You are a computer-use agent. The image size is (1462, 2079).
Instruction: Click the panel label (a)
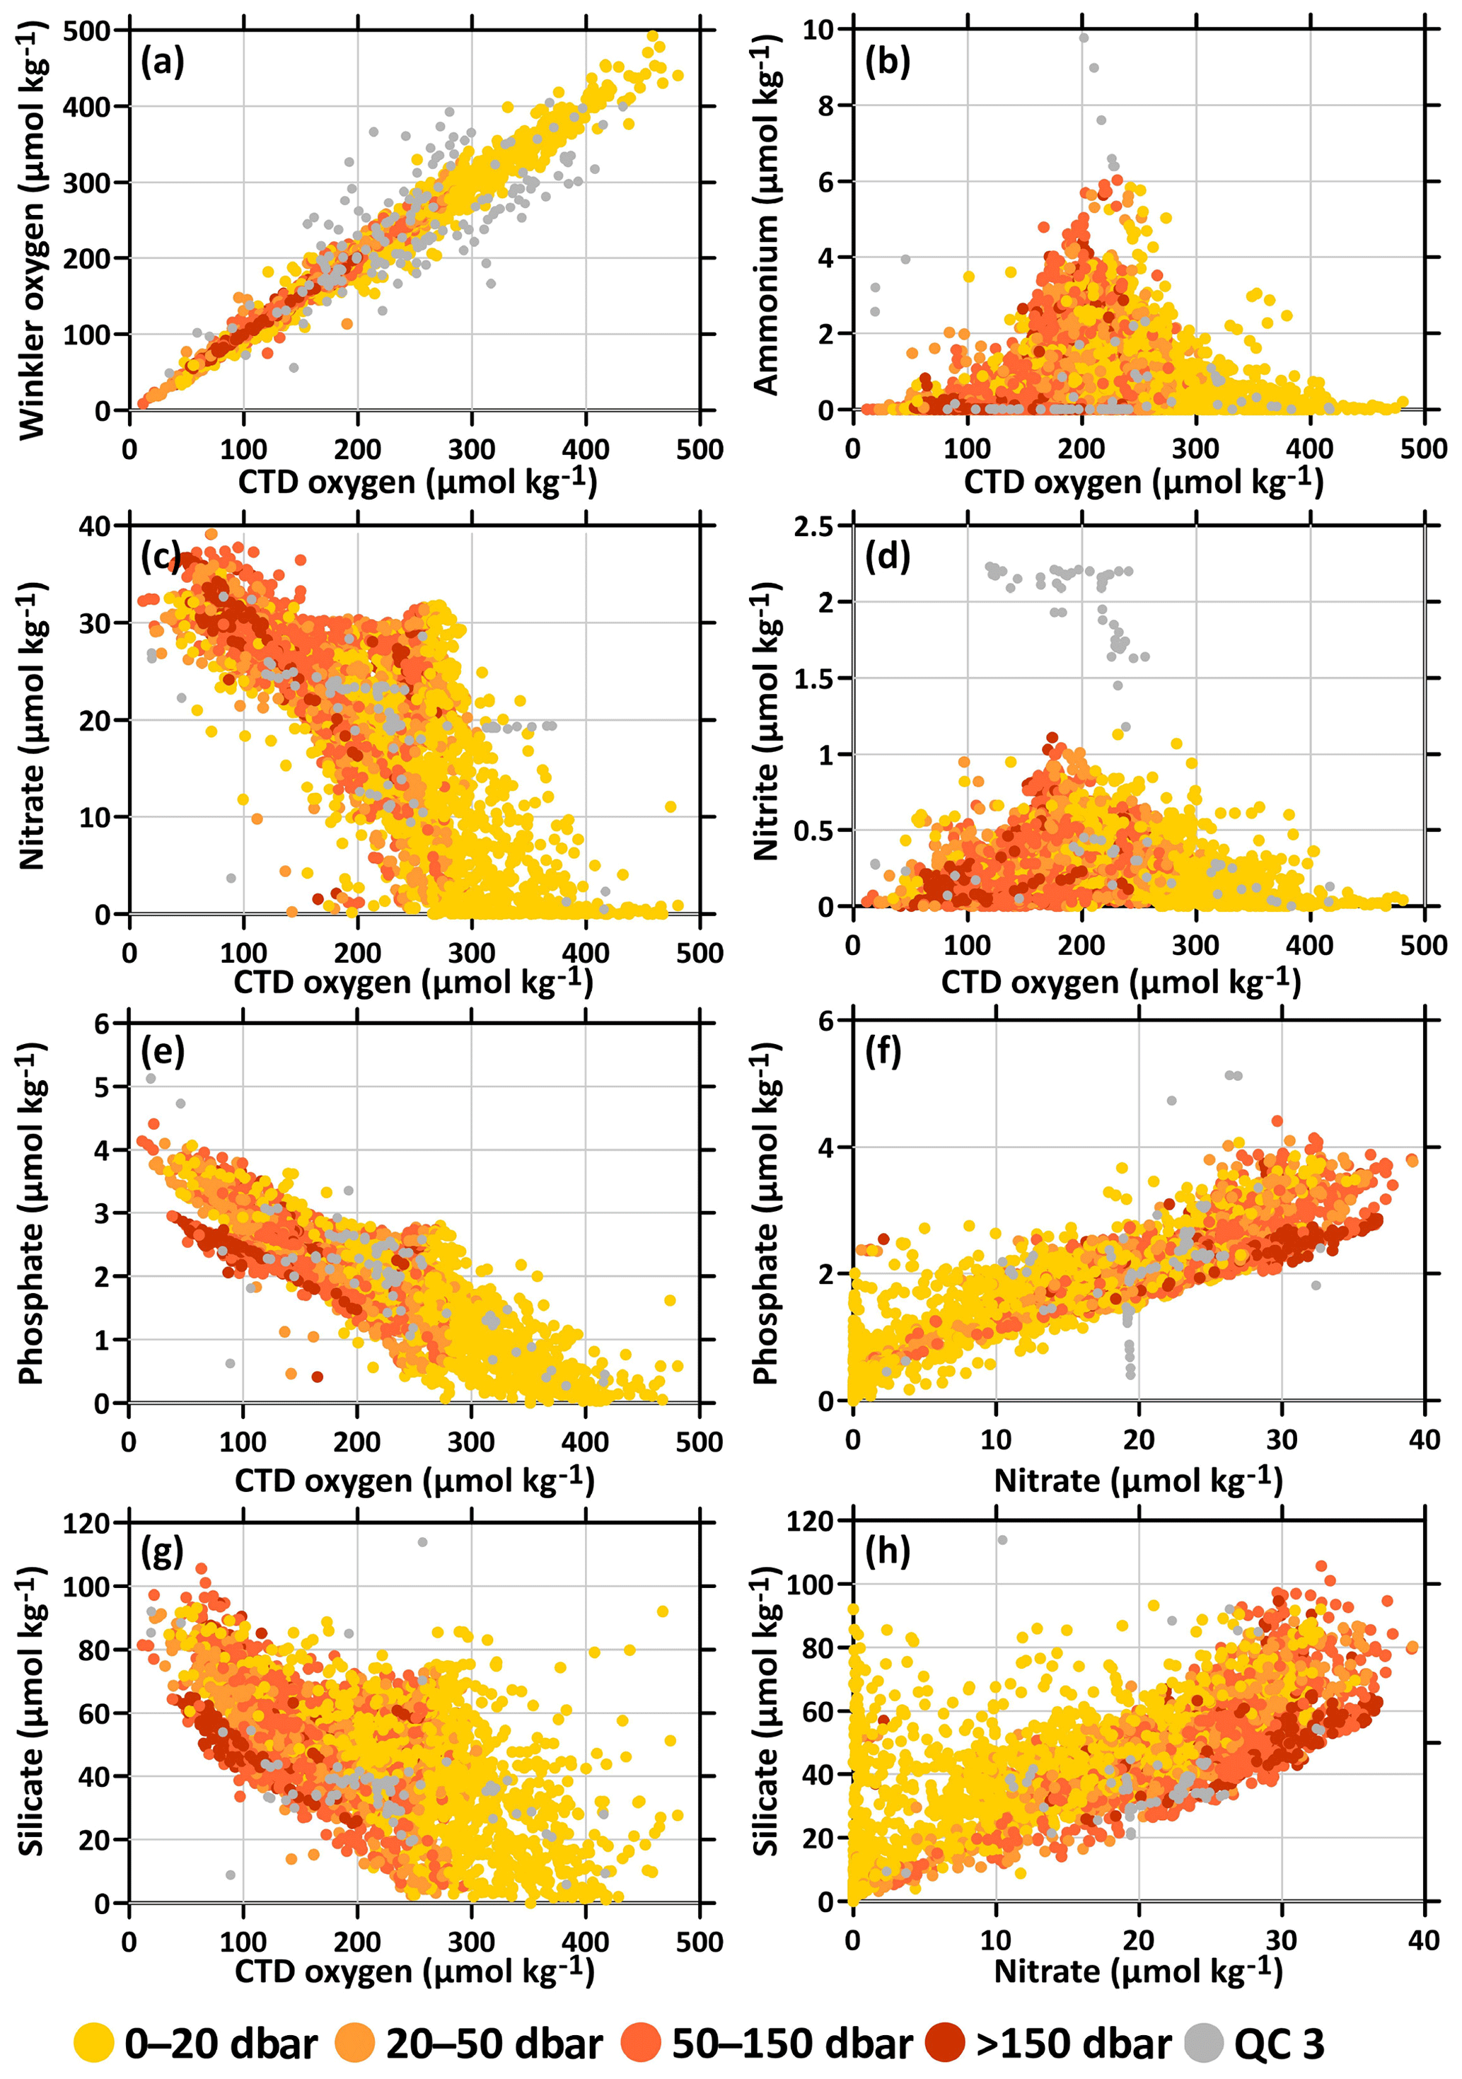163,62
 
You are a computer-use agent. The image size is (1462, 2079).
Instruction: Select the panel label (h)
887,1551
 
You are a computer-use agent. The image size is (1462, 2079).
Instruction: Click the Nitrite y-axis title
767,720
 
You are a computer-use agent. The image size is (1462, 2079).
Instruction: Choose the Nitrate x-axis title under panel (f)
1138,1481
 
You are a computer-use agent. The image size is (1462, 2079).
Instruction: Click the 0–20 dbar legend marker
93,2043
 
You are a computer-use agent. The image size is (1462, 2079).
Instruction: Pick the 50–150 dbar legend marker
641,2043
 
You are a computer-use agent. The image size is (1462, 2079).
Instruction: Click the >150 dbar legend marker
945,2043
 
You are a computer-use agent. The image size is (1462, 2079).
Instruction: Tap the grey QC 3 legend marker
1204,2043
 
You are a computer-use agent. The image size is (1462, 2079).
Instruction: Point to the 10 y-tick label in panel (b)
818,30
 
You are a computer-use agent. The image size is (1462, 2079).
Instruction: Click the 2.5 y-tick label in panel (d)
813,526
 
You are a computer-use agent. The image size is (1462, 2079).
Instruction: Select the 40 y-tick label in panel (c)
94,526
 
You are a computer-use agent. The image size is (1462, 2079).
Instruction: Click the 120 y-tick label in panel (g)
86,1523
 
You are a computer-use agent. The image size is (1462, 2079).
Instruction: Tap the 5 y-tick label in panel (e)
100,1087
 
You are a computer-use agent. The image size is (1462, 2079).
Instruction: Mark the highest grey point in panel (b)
1084,37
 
